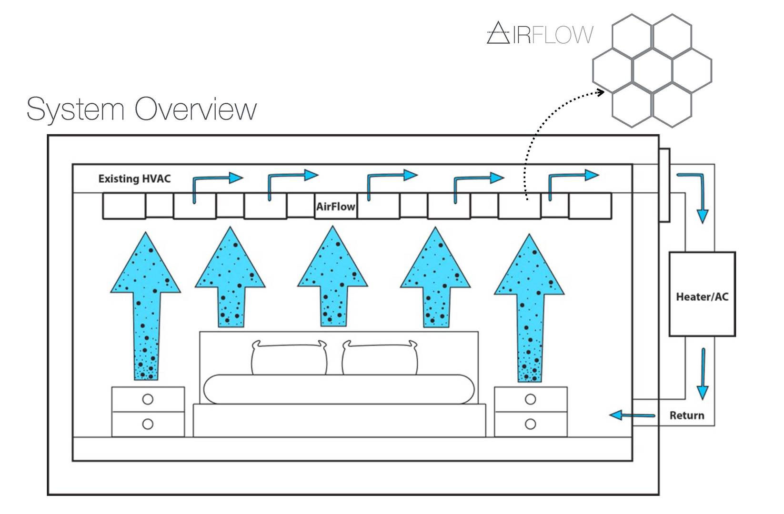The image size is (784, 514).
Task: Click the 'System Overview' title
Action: point(141,109)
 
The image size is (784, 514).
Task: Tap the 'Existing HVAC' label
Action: point(134,179)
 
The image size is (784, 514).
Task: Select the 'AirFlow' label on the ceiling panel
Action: point(336,207)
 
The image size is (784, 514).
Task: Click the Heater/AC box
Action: point(702,294)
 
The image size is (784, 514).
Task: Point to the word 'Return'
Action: point(686,415)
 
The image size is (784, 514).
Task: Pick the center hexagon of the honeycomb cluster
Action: point(652,71)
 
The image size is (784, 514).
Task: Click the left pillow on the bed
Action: point(289,358)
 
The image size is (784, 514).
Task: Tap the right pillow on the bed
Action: point(380,358)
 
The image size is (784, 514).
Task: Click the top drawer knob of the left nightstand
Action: point(148,399)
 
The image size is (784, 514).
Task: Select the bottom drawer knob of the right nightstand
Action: point(530,424)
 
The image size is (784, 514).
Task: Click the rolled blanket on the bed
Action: point(339,389)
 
